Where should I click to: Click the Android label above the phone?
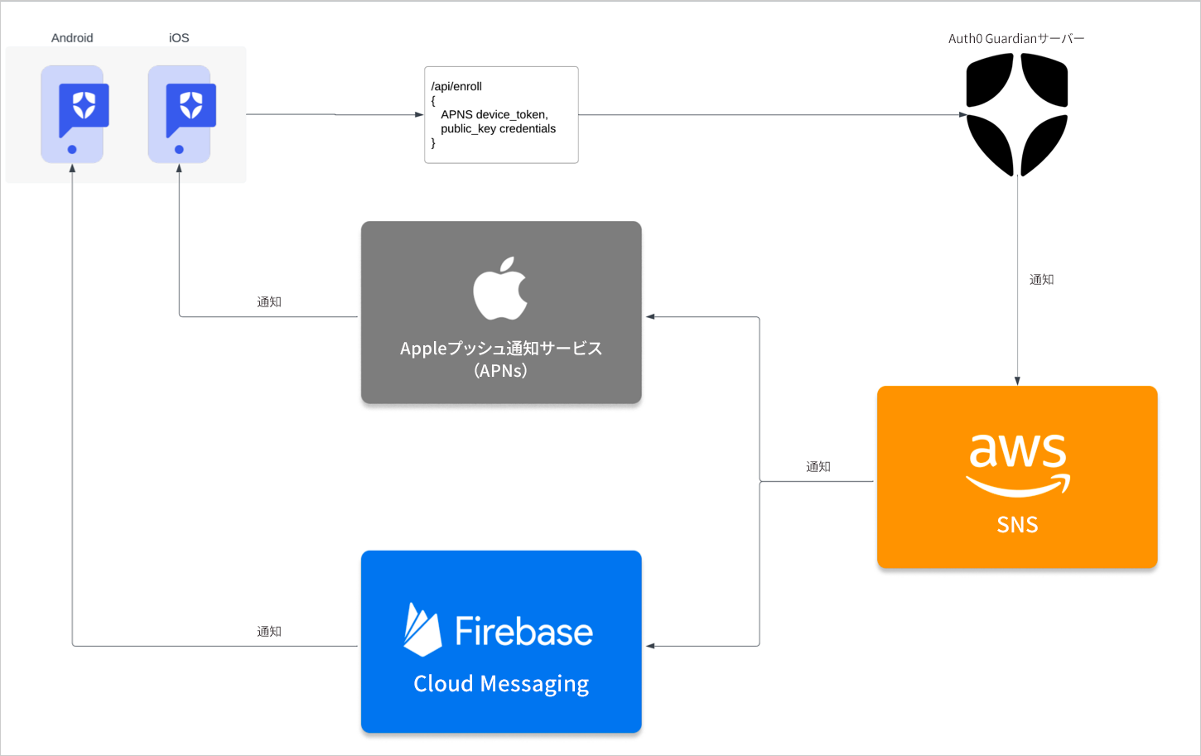pos(72,38)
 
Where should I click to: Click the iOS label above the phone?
pos(179,38)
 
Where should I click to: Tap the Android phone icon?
pos(73,114)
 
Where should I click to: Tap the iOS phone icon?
pos(180,114)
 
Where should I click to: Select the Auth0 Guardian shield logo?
pos(1017,114)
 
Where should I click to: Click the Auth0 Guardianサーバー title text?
pos(1016,39)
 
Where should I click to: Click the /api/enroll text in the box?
pos(456,86)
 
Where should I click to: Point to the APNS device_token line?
pos(494,114)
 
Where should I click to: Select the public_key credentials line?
pos(498,128)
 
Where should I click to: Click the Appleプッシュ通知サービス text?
pos(501,349)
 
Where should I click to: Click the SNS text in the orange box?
pos(1017,525)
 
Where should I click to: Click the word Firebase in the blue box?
pos(523,632)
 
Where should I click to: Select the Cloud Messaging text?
pos(501,684)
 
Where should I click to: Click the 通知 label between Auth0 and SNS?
pos(1041,280)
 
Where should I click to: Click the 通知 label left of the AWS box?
pos(818,467)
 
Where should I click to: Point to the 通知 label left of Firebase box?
pos(269,632)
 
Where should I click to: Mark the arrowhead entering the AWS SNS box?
pos(1017,381)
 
